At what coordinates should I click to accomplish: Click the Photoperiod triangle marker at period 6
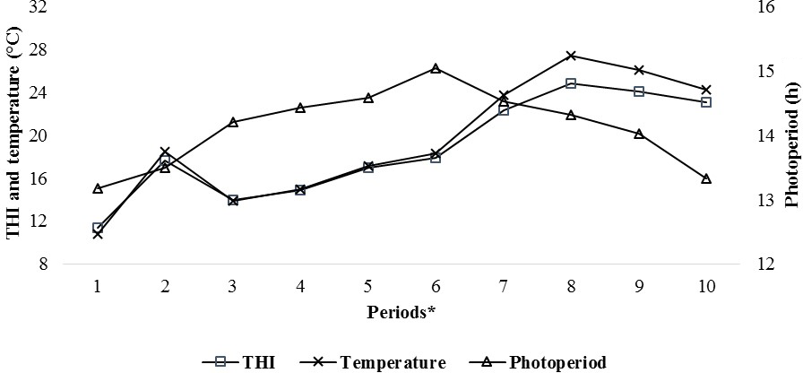436,68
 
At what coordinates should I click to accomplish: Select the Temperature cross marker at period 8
571,56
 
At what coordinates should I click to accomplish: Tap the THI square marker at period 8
571,83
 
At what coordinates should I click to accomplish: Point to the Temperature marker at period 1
98,234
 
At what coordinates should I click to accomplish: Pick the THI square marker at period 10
706,102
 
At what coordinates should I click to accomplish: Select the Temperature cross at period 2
165,152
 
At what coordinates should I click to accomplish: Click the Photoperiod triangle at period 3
233,122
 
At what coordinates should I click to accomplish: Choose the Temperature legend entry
376,362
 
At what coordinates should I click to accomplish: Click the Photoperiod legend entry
538,362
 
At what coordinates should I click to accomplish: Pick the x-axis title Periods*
401,312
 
